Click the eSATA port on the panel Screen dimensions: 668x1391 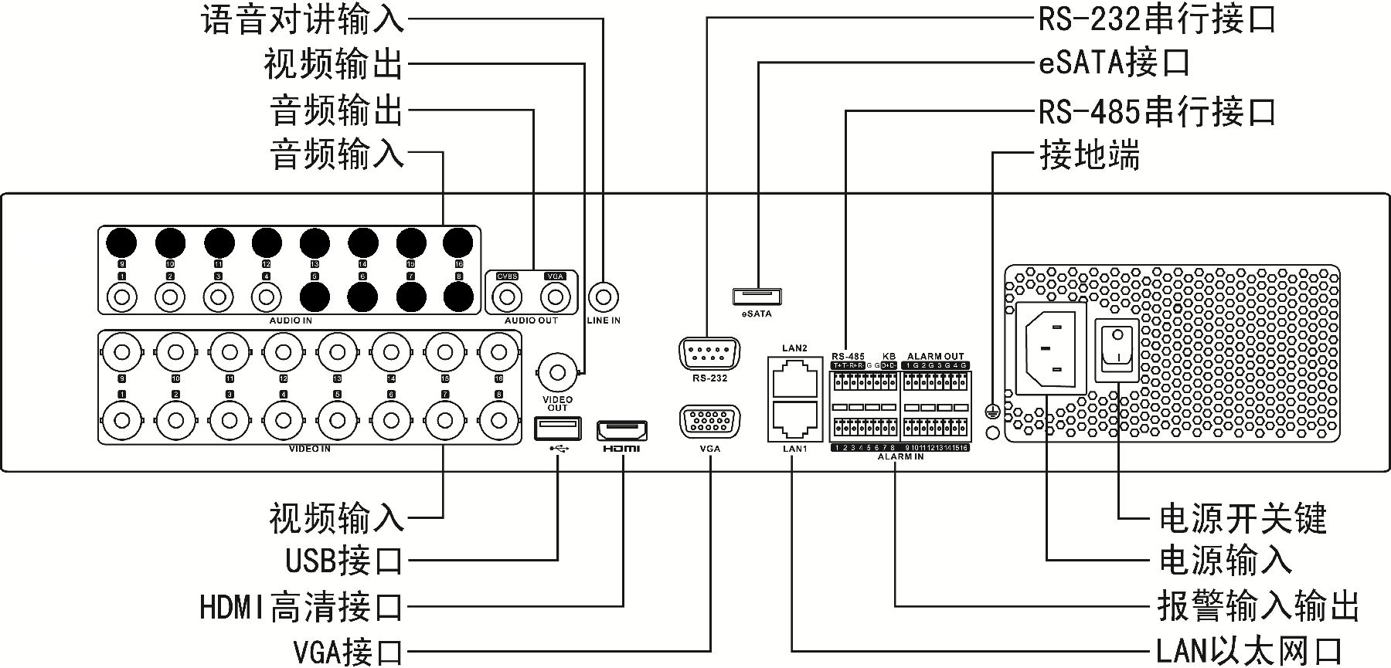757,297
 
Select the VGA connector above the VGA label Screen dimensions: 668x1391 709,423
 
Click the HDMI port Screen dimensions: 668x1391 621,431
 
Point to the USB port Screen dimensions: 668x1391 557,428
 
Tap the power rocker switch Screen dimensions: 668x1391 1117,350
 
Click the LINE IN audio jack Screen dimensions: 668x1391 604,297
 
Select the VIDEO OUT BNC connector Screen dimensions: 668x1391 556,372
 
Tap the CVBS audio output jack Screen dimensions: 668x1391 507,296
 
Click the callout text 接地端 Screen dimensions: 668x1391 1089,155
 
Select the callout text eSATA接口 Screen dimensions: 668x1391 1114,63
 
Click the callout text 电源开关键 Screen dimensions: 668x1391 1242,518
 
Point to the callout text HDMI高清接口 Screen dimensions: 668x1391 301,608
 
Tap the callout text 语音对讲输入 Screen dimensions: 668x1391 302,19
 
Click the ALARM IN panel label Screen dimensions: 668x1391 900,457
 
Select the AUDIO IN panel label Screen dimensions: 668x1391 291,320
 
